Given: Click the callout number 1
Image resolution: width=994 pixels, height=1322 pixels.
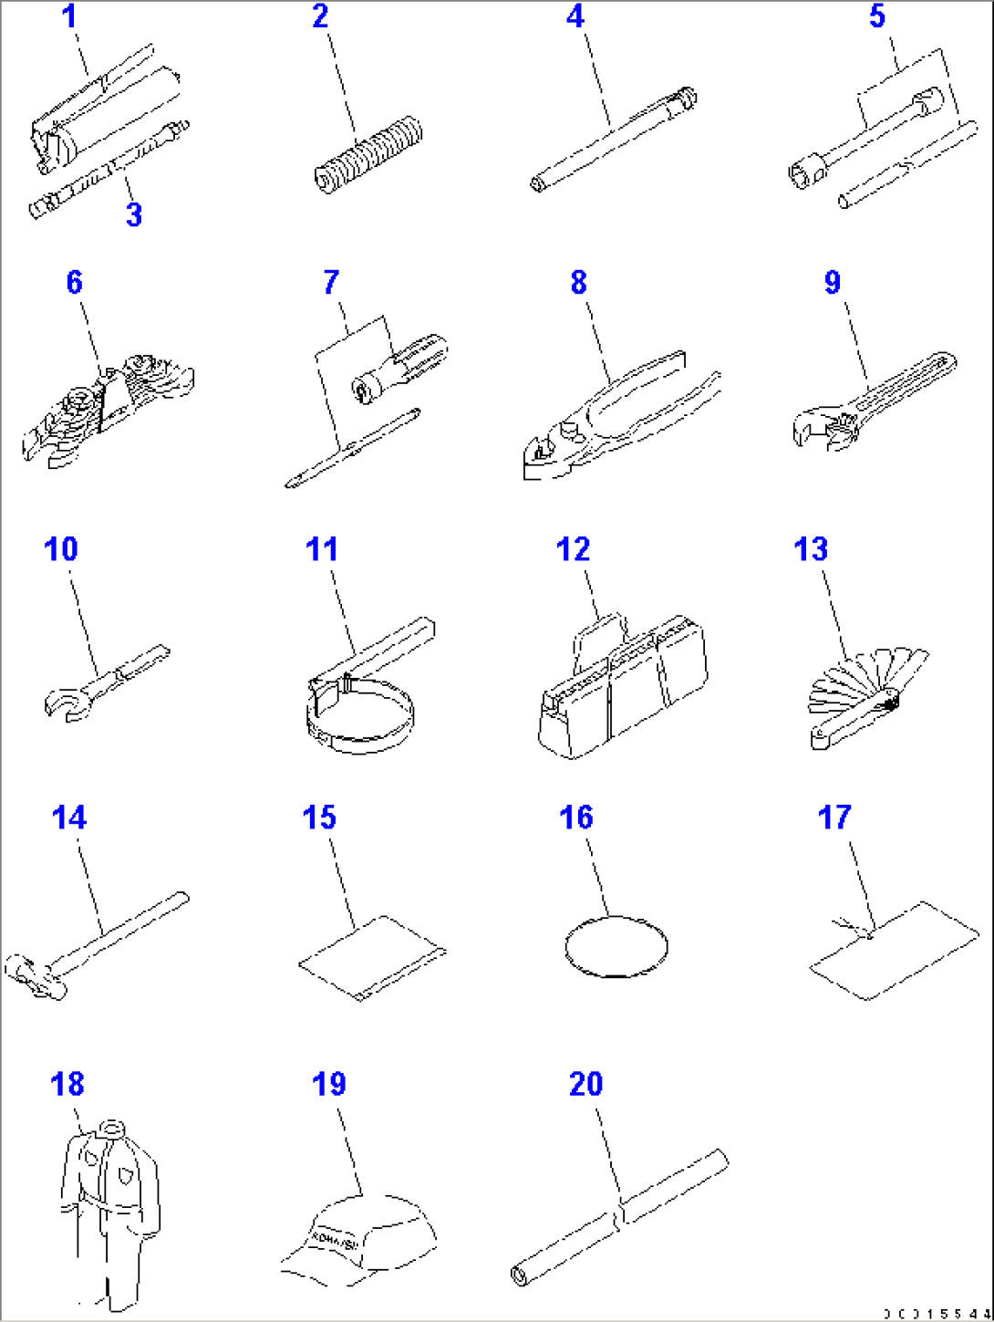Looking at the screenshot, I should pyautogui.click(x=71, y=17).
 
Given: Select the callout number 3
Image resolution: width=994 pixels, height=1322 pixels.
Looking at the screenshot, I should pyautogui.click(x=134, y=214).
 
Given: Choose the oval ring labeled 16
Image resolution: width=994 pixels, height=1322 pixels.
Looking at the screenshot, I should pyautogui.click(x=616, y=946).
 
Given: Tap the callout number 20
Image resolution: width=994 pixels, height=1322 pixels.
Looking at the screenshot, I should pyautogui.click(x=585, y=1084).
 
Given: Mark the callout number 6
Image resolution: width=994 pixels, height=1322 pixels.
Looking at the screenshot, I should pyautogui.click(x=74, y=282).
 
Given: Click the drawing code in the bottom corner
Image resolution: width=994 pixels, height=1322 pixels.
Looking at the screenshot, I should pyautogui.click(x=935, y=1313).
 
